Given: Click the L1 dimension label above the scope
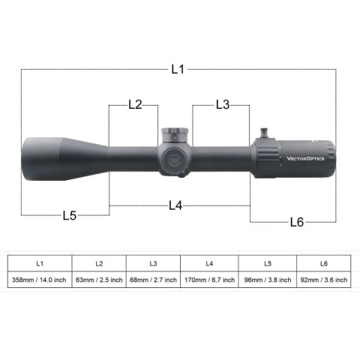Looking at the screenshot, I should pos(177,69).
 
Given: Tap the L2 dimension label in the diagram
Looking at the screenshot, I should pos(135,105).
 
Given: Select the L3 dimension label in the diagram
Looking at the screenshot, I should pos(222,105).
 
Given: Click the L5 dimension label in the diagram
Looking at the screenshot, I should pos(70,216).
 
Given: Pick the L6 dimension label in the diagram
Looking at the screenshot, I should pos(296,221).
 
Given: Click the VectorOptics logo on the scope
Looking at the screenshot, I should pos(304,158).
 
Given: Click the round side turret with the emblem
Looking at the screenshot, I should pos(171,157).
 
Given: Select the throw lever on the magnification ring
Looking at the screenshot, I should pos(265,132).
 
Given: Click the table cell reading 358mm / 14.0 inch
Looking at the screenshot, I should pos(40,280).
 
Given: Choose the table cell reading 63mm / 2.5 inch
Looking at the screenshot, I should pos(99,280).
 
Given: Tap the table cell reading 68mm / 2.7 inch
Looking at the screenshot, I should pos(153,280).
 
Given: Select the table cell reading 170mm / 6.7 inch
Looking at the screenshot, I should pos(209,280).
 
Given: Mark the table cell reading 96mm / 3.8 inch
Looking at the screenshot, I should pos(267,280).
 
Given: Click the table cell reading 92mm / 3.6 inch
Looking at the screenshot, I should pos(323,280).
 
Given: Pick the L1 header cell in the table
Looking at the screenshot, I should pos(40,263).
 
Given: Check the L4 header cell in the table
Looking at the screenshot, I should pos(209,263).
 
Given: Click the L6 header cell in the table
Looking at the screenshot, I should pos(323,263).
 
